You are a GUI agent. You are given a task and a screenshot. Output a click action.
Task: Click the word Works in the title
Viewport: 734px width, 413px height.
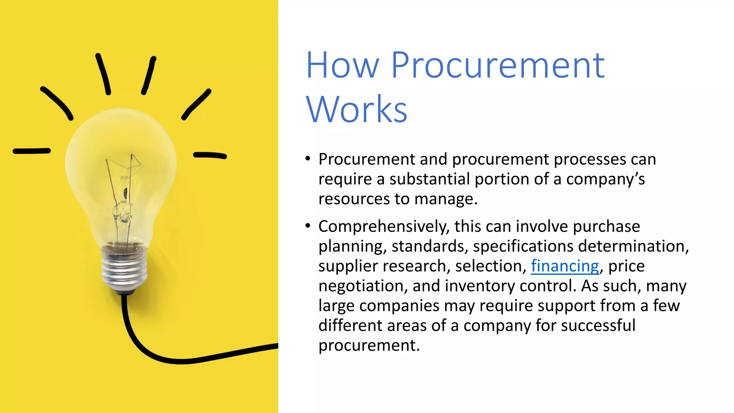point(357,109)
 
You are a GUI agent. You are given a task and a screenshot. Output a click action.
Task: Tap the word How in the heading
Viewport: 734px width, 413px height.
point(342,65)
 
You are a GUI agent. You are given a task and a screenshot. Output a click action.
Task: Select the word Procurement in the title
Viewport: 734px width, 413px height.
point(498,65)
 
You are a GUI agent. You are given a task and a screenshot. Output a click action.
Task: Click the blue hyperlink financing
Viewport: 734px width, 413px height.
point(565,266)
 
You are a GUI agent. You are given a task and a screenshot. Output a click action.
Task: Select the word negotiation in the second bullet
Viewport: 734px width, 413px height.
point(363,286)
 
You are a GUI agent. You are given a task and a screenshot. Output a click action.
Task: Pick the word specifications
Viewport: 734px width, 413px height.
point(523,246)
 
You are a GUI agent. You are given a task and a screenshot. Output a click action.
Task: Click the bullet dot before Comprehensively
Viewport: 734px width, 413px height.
point(308,226)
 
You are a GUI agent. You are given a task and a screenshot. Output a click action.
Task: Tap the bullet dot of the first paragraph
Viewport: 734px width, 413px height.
point(308,158)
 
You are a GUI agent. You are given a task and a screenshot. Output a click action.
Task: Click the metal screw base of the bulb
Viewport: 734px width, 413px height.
point(124,271)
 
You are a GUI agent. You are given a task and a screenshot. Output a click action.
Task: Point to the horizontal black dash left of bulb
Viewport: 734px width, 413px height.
point(32,151)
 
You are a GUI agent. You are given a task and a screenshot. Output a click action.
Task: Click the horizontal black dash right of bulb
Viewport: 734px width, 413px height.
point(210,155)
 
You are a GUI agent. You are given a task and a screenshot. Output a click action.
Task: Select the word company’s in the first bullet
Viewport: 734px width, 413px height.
point(605,179)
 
